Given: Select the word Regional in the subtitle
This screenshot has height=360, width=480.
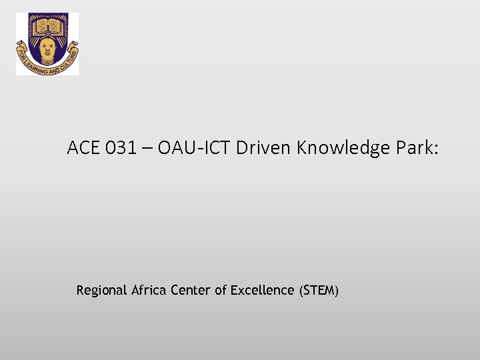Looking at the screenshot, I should (x=101, y=291).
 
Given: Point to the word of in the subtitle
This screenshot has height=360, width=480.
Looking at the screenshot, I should (x=221, y=290).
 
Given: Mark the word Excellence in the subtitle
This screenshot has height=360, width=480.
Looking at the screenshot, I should (x=262, y=290).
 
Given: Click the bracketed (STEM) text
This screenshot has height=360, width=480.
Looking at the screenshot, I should (x=319, y=290).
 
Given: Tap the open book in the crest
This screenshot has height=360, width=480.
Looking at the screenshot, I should (x=47, y=27).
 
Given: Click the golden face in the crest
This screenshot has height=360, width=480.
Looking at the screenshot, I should (x=47, y=47).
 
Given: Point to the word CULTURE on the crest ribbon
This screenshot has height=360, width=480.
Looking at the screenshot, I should (x=70, y=59).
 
